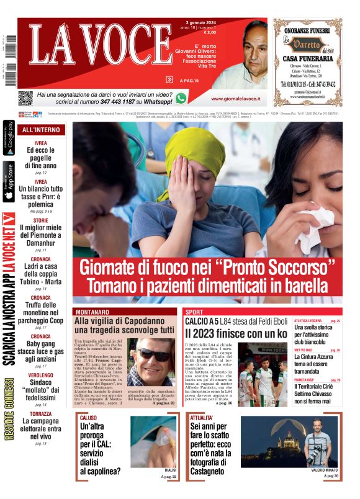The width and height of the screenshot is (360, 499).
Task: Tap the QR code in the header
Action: click(x=25, y=98)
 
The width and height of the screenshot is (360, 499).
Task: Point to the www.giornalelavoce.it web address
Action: click(x=235, y=99)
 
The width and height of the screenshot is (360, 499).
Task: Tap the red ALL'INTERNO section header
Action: click(x=41, y=130)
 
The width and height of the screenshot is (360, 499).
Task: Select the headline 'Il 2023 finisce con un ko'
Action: click(x=236, y=333)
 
